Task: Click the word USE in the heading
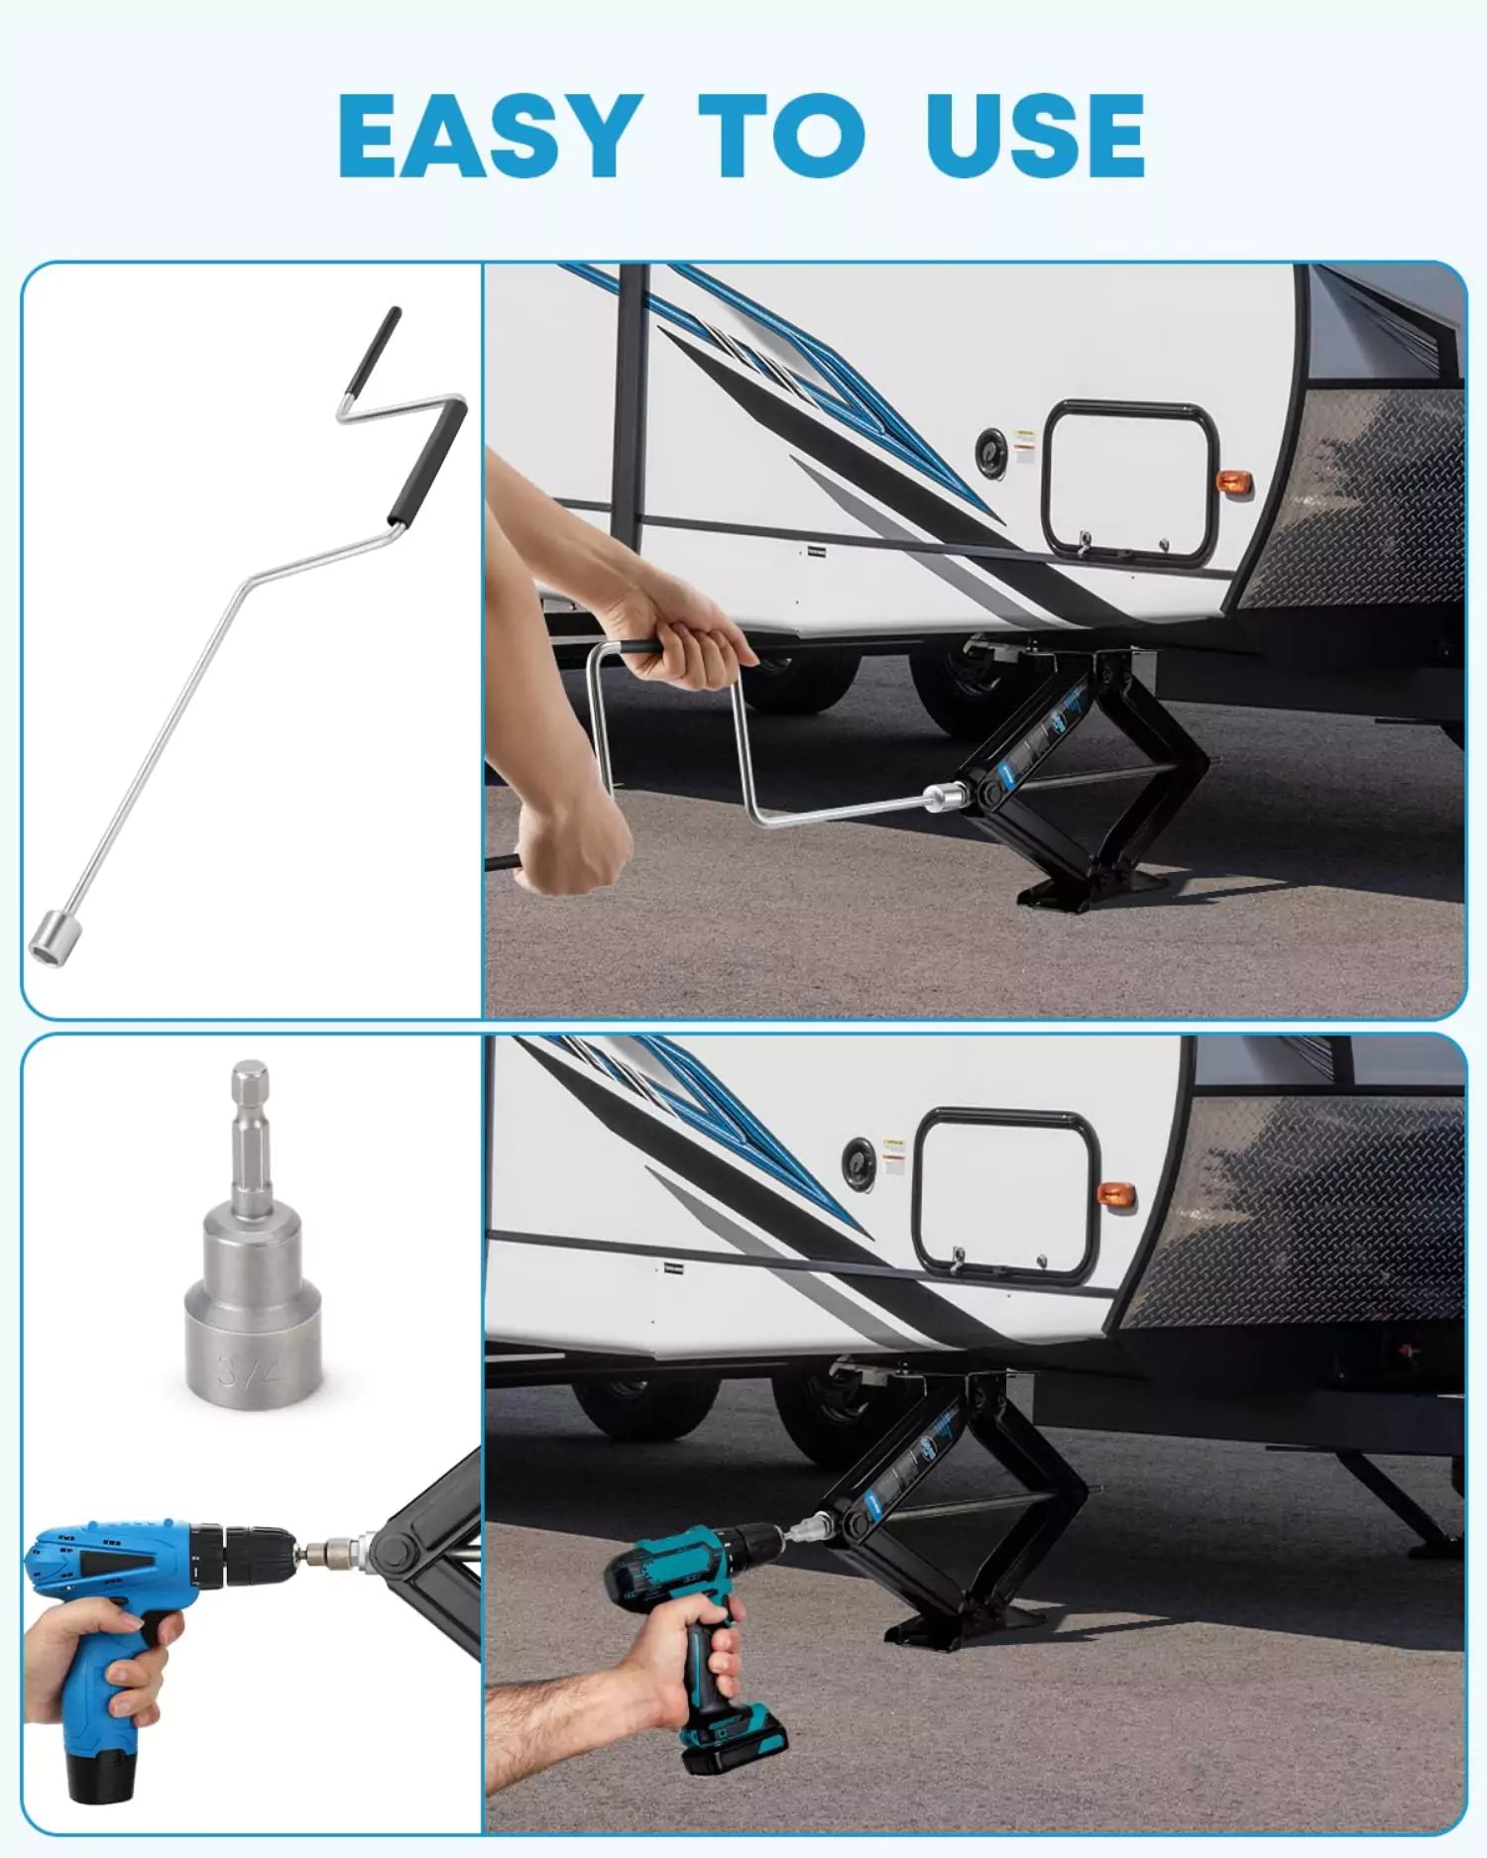(1035, 136)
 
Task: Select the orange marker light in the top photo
(1234, 484)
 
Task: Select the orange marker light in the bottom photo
(1116, 1195)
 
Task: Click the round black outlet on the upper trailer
(989, 451)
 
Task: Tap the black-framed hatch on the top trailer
(1130, 483)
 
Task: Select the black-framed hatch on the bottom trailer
(1006, 1194)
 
